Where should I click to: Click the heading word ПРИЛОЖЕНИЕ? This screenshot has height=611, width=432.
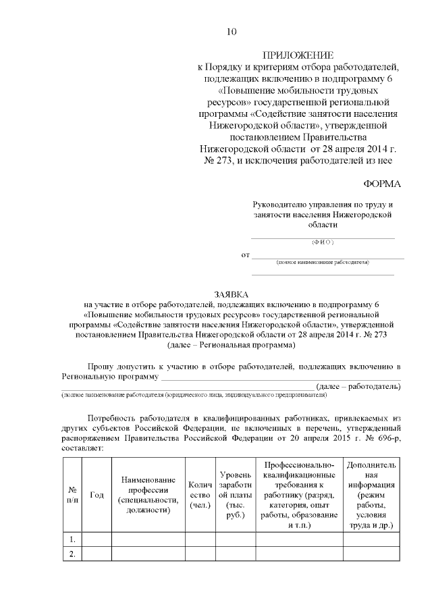[x=298, y=55]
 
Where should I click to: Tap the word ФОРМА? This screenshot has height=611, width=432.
[x=382, y=184]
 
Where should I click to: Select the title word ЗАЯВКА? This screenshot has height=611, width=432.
[x=231, y=294]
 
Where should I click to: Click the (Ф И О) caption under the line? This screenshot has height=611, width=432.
[x=323, y=242]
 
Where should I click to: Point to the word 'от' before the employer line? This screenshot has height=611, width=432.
[x=245, y=255]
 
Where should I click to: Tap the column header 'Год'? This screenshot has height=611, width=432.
[x=97, y=494]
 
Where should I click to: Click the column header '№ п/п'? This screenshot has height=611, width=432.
[x=72, y=494]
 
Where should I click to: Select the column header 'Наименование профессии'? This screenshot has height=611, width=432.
[x=148, y=494]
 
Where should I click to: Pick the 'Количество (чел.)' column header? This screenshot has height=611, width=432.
[x=200, y=494]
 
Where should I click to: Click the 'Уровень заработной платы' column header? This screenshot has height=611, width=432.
[x=236, y=494]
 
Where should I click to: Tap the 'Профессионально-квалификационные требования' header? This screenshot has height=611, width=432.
[x=299, y=494]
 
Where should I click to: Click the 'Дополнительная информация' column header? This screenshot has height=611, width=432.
[x=371, y=494]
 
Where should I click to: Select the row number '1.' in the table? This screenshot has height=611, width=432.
[x=72, y=539]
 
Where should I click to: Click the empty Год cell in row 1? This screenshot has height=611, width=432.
[x=97, y=539]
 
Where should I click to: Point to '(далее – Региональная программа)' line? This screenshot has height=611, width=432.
[x=231, y=344]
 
